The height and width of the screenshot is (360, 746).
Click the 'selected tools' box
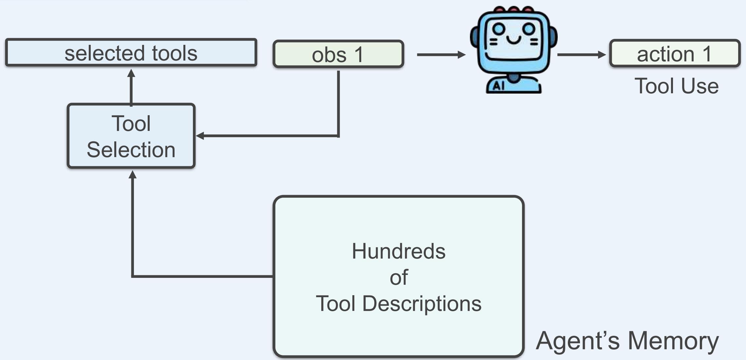tap(131, 53)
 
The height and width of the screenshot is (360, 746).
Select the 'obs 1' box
tap(338, 54)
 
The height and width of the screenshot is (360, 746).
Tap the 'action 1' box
tap(675, 54)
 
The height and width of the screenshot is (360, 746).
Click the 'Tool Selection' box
tap(131, 136)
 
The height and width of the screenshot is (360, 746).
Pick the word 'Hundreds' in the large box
tap(399, 251)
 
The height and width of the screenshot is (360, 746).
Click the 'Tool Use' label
tap(677, 86)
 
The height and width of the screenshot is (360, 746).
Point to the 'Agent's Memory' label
tap(627, 341)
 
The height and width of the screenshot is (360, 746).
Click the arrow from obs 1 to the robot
tap(440, 55)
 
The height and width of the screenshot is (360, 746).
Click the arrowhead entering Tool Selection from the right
tap(200, 135)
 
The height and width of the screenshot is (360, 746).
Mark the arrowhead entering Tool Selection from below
tap(133, 175)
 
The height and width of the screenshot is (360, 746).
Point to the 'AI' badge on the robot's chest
tap(498, 86)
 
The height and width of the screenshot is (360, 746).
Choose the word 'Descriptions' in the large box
tap(422, 304)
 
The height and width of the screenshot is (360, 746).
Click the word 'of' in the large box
tap(399, 278)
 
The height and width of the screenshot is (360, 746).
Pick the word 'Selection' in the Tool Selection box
tap(131, 150)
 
